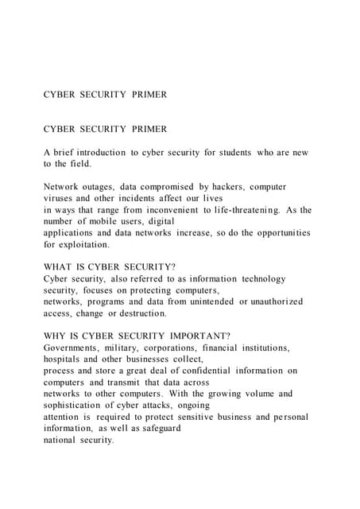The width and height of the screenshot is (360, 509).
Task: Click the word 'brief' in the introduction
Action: pyautogui.click(x=65, y=152)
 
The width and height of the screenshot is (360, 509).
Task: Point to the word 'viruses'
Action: pyautogui.click(x=60, y=197)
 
